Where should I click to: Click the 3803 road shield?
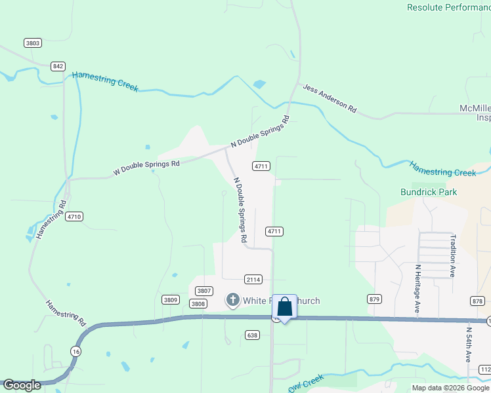click(32, 43)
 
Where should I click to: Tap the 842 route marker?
click(58, 66)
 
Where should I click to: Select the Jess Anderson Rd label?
click(329, 98)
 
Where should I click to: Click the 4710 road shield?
click(74, 216)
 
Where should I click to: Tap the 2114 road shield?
click(253, 280)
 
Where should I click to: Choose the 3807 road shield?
click(204, 291)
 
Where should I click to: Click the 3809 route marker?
click(170, 300)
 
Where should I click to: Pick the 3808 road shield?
click(198, 304)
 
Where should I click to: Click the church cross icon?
click(232, 301)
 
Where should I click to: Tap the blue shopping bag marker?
click(284, 307)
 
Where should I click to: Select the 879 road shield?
click(374, 299)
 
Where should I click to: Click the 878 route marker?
click(477, 301)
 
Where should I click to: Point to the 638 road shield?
click(253, 335)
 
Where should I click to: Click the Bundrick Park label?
click(429, 193)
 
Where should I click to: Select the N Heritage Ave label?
click(417, 288)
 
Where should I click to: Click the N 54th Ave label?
click(469, 345)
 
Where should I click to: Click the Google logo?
click(22, 385)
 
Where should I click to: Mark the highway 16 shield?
click(77, 351)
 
